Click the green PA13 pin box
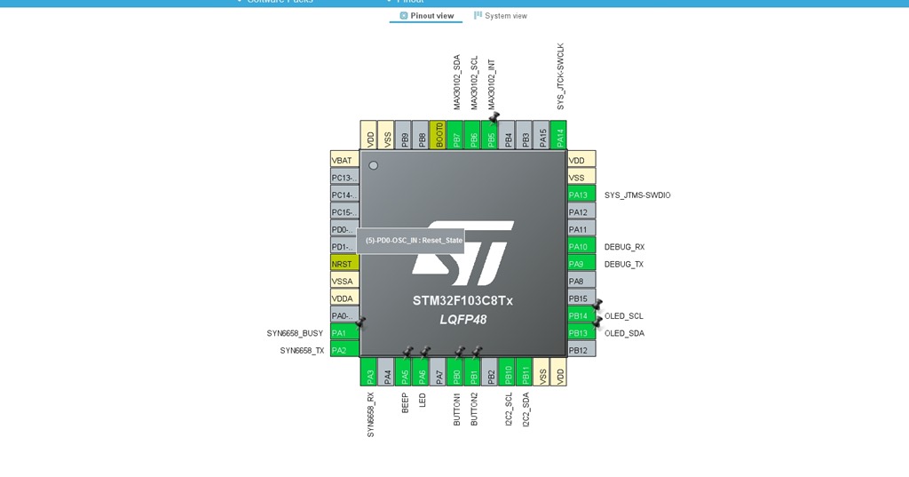tap(581, 195)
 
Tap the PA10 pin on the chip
tap(581, 247)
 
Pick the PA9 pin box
tap(581, 264)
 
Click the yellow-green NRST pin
tap(344, 264)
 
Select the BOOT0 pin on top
tap(439, 135)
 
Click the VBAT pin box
tap(344, 161)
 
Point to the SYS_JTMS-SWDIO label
tap(637, 195)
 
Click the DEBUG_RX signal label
tap(624, 247)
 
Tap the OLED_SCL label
tap(624, 316)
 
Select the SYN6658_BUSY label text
tap(295, 333)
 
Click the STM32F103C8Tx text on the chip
tap(462, 301)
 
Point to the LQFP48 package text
tap(462, 320)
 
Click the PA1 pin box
tap(344, 333)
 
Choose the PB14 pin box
tap(581, 316)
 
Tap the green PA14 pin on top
tap(559, 135)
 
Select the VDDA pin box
tap(344, 298)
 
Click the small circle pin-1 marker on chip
tap(374, 165)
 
